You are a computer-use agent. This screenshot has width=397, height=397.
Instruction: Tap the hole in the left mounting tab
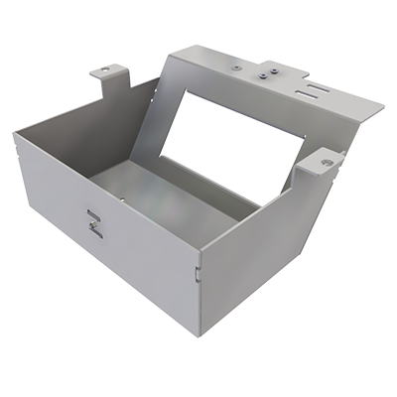108,72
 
